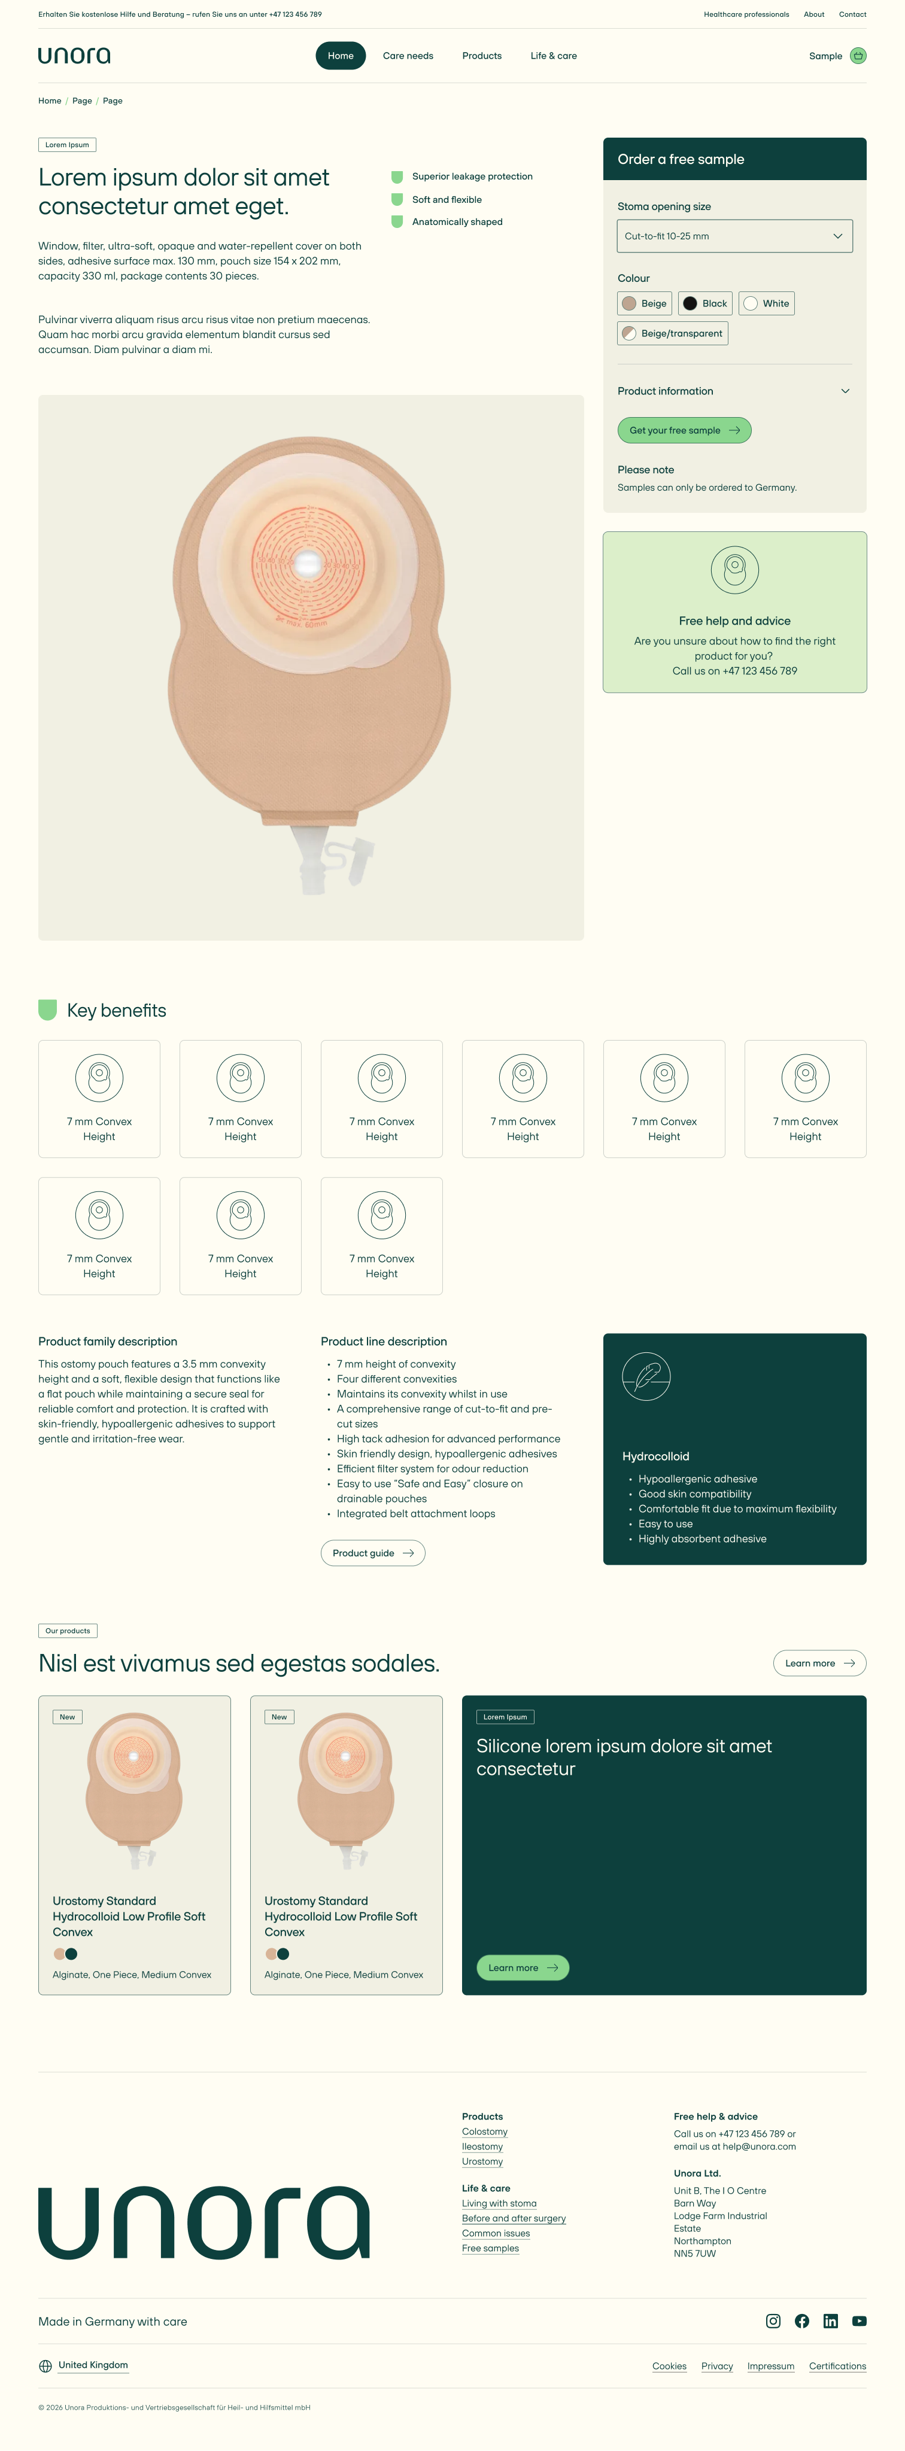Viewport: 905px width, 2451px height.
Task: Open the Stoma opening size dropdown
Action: point(734,236)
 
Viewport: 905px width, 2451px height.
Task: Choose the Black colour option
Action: point(705,303)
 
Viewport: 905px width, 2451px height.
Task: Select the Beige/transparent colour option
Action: point(673,333)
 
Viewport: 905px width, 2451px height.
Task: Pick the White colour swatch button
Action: point(766,303)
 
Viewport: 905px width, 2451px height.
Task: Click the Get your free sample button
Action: point(684,430)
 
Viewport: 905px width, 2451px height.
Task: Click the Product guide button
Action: point(373,1553)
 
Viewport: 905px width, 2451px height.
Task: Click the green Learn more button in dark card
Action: point(523,1968)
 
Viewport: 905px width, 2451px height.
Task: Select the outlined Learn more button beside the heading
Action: point(819,1663)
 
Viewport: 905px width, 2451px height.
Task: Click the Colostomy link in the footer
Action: point(484,2131)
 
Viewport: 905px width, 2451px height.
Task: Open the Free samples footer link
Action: point(490,2248)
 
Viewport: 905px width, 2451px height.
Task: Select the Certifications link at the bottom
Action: point(837,2366)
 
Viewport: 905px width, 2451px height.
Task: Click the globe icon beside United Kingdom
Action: point(45,2366)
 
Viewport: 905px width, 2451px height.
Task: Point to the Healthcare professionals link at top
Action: point(746,14)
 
